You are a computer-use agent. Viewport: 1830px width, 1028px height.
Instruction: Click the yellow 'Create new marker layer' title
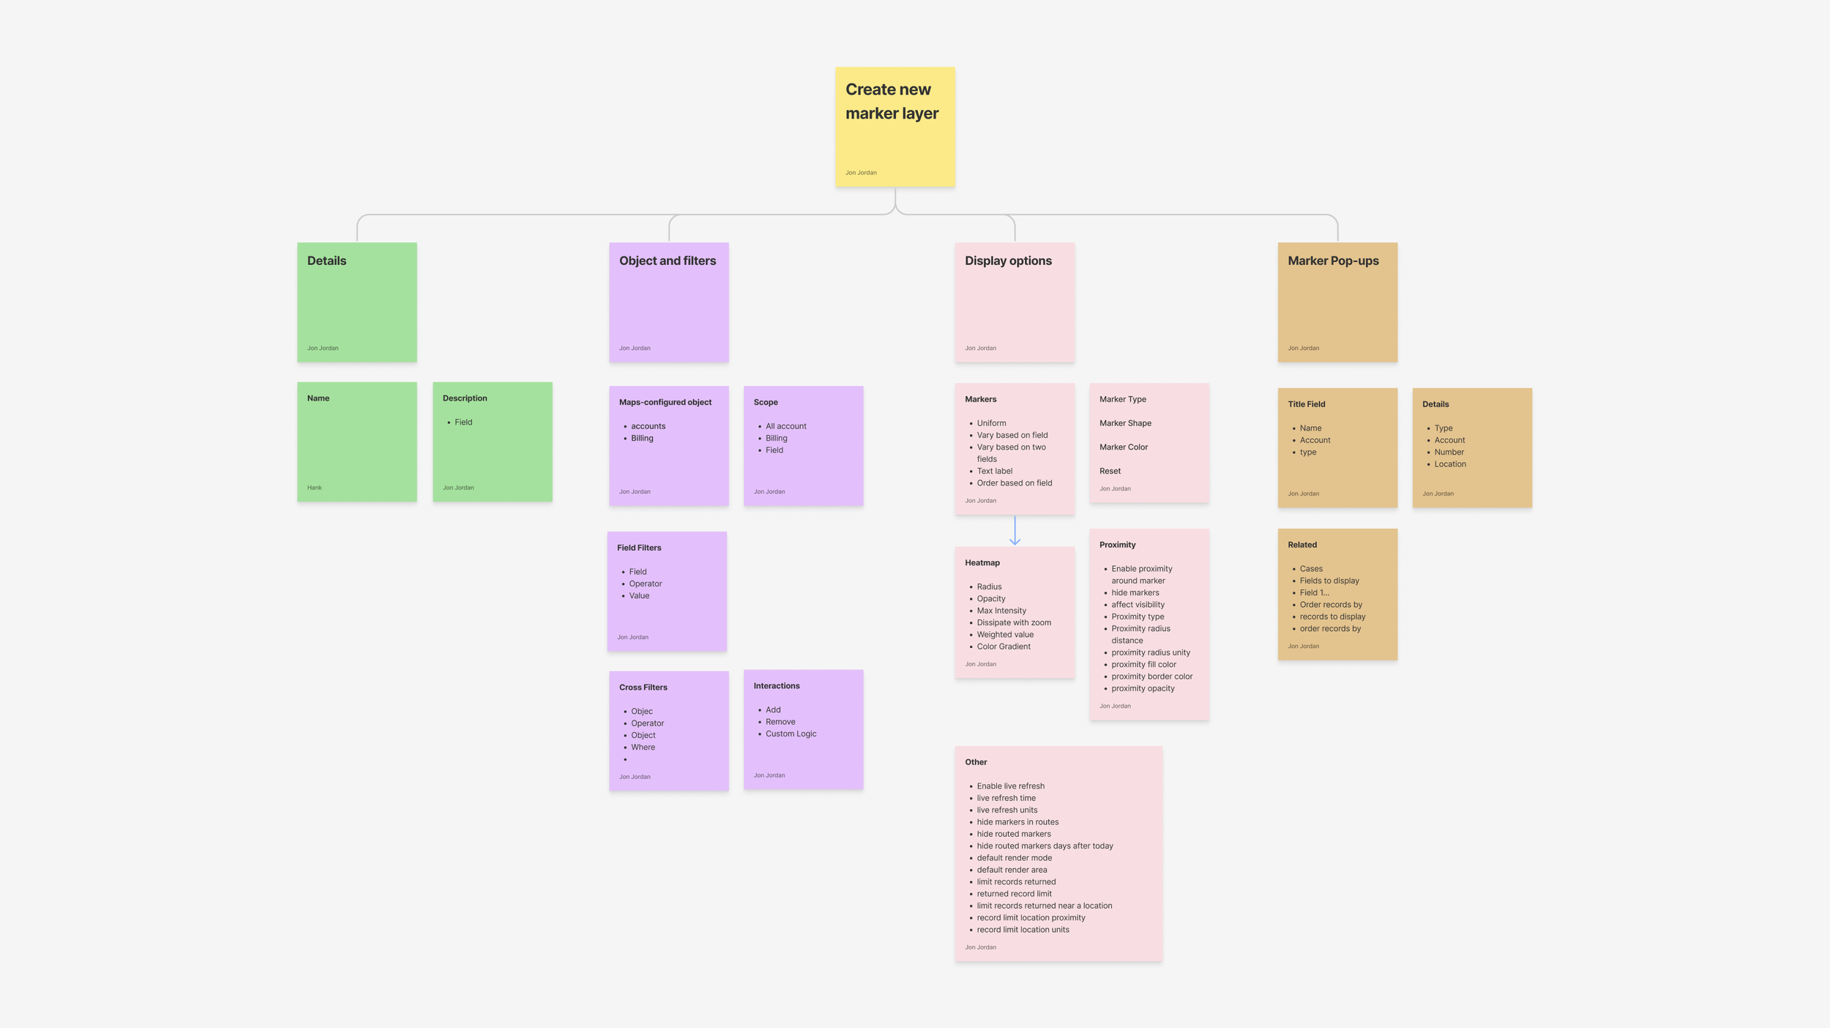click(x=891, y=101)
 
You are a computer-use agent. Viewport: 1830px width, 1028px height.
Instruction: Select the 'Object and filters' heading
click(x=667, y=261)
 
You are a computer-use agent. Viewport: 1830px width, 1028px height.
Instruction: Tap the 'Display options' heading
click(x=1007, y=261)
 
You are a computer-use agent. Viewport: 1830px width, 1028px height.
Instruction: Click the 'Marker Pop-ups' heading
click(x=1332, y=261)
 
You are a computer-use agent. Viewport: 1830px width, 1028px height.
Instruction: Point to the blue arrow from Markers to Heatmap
click(x=1015, y=531)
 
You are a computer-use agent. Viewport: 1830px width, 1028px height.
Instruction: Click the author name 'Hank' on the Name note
click(x=314, y=488)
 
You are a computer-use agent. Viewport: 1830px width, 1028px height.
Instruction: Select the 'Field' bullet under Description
click(x=463, y=422)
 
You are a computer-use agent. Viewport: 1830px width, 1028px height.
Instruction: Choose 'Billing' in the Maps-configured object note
click(x=642, y=439)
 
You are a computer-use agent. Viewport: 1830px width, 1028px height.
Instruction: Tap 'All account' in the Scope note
click(x=785, y=426)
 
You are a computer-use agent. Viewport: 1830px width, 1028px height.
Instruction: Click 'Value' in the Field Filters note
click(x=639, y=596)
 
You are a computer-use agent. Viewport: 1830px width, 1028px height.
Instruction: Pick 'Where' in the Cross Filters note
click(x=643, y=748)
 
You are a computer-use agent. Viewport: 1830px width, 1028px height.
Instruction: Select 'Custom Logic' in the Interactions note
click(x=791, y=734)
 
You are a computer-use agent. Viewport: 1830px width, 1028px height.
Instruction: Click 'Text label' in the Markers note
click(x=994, y=472)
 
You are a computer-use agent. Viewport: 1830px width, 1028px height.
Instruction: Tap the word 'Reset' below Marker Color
click(x=1110, y=472)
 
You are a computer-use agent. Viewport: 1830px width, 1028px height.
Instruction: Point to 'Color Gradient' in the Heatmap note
click(x=1003, y=647)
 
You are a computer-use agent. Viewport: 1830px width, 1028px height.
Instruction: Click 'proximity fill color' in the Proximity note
click(x=1143, y=665)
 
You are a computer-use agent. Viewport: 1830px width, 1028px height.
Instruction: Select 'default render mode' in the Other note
click(x=1014, y=858)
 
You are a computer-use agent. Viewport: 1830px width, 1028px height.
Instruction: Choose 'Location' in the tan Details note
click(x=1449, y=464)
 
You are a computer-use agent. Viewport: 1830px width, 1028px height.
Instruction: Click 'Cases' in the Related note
click(x=1310, y=569)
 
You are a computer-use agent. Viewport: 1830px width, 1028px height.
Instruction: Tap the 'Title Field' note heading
click(x=1306, y=404)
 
